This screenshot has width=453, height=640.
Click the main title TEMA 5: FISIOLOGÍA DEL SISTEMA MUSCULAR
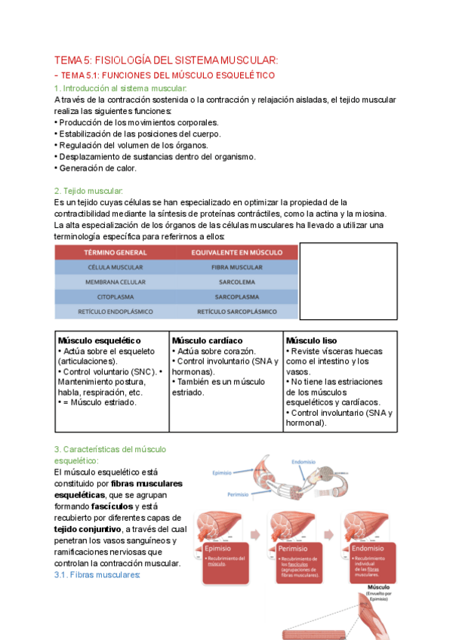pyautogui.click(x=166, y=60)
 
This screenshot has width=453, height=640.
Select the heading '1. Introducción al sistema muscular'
pyautogui.click(x=120, y=88)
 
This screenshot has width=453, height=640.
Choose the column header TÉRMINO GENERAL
pyautogui.click(x=115, y=252)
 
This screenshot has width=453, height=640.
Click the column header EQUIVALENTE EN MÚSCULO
pyautogui.click(x=236, y=252)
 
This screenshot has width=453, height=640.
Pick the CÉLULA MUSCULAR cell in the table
pyautogui.click(x=115, y=267)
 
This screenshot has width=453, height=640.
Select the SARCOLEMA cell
pyautogui.click(x=236, y=282)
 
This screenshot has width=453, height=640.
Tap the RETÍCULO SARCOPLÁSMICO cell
pyautogui.click(x=236, y=311)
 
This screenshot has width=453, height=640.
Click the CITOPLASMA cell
pyautogui.click(x=115, y=297)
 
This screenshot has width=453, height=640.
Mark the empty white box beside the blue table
pyautogui.click(x=349, y=281)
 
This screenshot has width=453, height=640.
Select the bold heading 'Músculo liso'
pyautogui.click(x=311, y=341)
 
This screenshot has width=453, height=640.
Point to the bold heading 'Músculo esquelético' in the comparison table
pyautogui.click(x=100, y=341)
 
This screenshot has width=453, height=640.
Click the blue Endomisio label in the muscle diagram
pyautogui.click(x=307, y=462)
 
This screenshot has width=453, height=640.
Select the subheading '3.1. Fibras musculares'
pyautogui.click(x=97, y=574)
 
